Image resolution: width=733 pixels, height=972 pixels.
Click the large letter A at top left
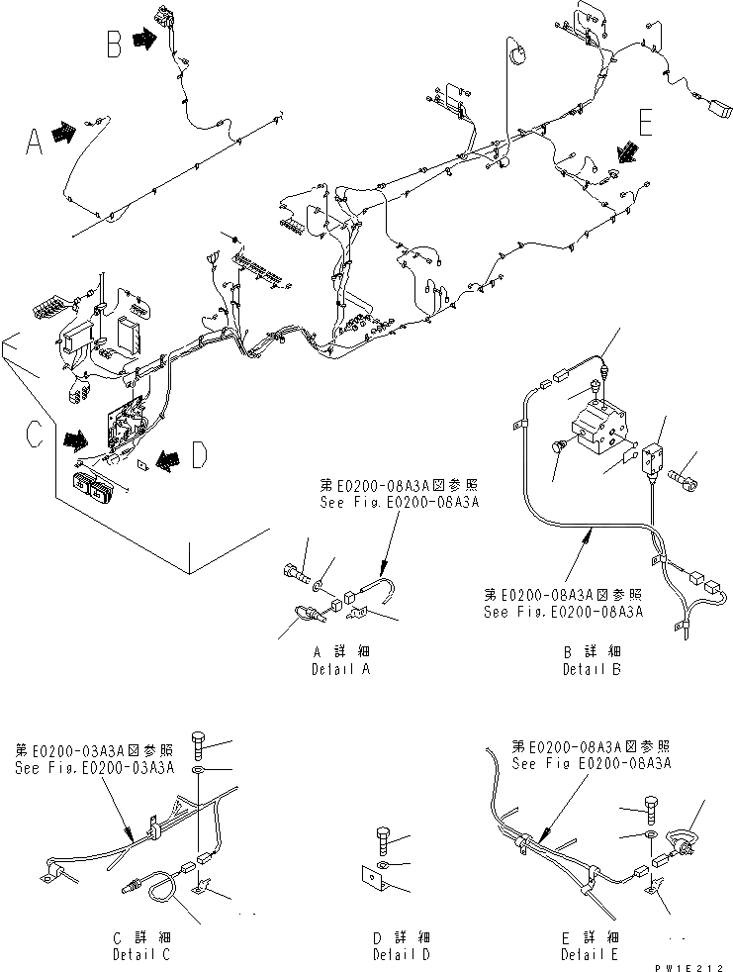tap(34, 145)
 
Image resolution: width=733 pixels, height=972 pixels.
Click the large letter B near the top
tap(115, 44)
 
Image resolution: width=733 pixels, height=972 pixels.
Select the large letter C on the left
tap(32, 433)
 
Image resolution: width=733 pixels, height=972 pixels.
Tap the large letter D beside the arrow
tap(198, 456)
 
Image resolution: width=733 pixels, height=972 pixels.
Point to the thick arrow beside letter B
tap(144, 40)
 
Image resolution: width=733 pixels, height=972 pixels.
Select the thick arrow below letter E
tap(627, 152)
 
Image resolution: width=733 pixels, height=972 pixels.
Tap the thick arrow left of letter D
tap(166, 456)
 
